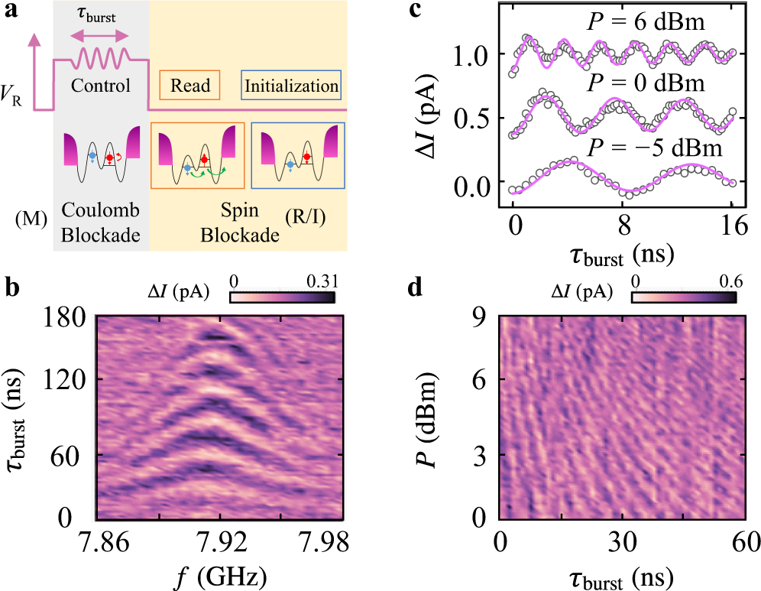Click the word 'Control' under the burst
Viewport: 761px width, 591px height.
point(101,85)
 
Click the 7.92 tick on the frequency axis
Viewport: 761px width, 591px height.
point(222,542)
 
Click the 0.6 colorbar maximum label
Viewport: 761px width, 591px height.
point(724,280)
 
